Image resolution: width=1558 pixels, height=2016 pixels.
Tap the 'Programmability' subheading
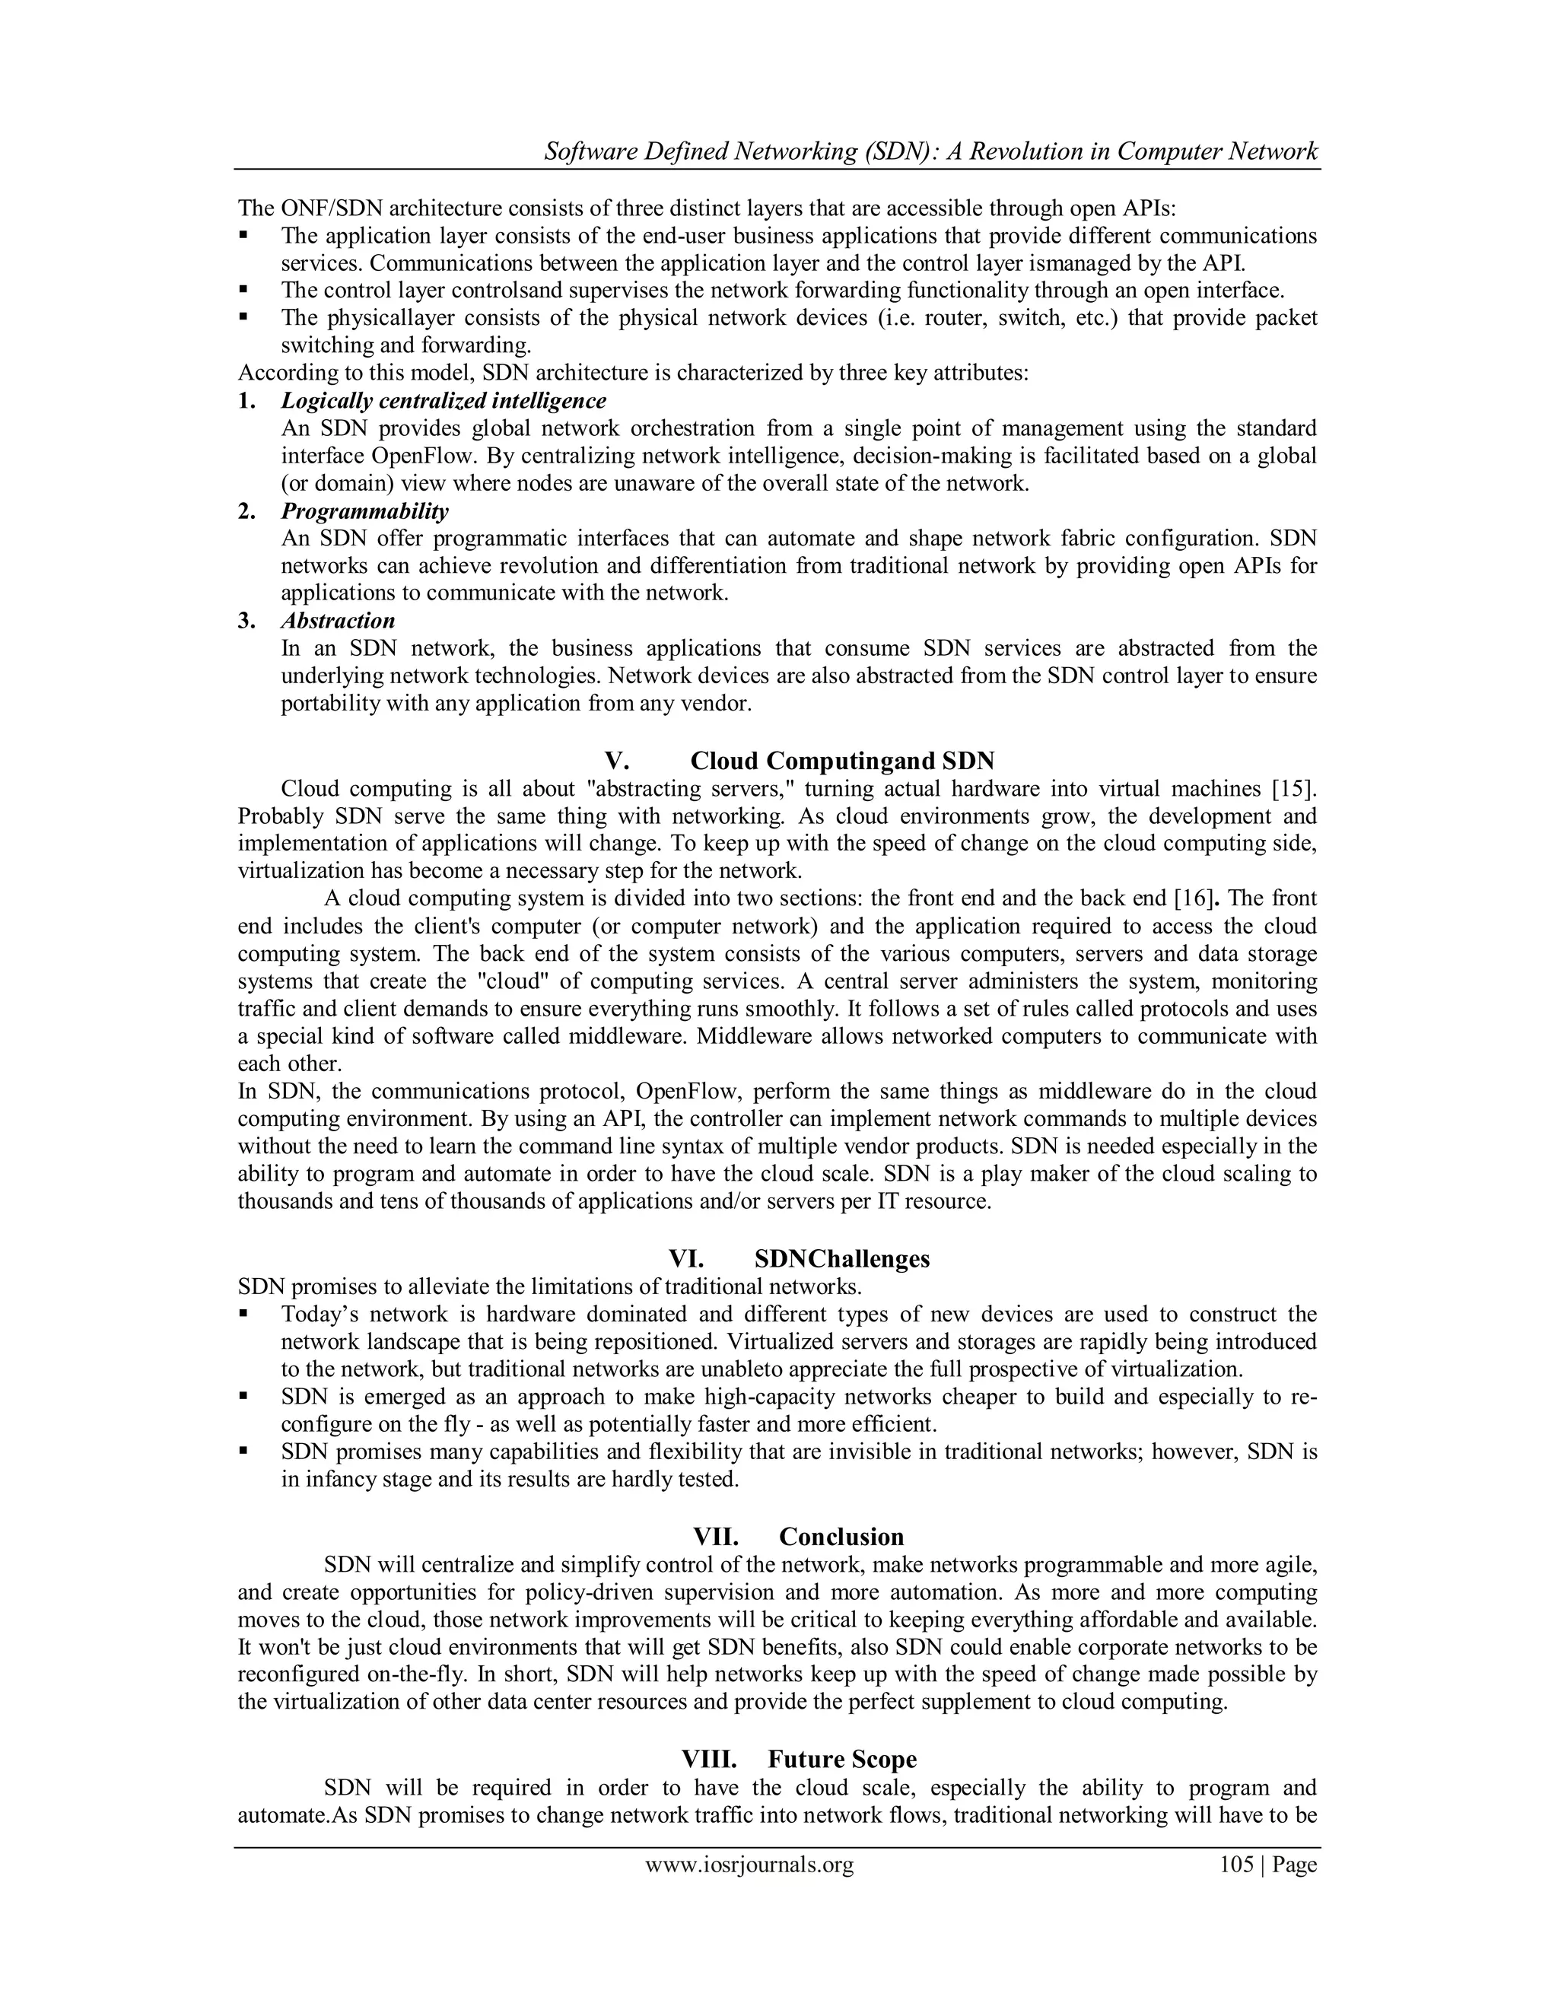[x=364, y=511]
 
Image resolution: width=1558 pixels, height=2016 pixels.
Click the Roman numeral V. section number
[x=616, y=762]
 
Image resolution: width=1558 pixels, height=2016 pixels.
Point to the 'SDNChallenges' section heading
[x=842, y=1260]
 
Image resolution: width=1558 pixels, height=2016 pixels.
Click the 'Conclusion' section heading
[x=841, y=1537]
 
